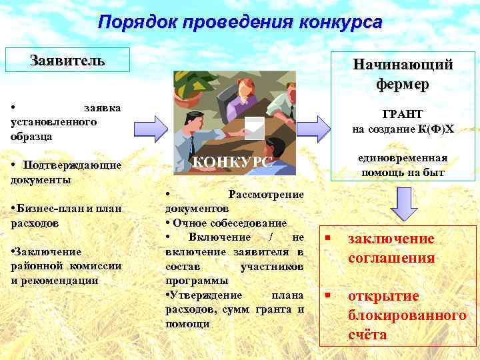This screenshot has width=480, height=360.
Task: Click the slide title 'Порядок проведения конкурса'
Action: coord(240,22)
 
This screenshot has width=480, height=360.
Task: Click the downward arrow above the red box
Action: coord(403,203)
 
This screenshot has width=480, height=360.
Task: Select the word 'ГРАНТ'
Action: coord(403,114)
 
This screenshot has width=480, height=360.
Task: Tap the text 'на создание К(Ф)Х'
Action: coord(403,129)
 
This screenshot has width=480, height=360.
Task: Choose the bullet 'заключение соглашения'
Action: coord(391,248)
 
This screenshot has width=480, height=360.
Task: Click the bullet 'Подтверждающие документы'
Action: coord(67,172)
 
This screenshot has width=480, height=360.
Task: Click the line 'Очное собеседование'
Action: coord(229,223)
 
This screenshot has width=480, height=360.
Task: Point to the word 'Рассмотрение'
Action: coord(266,194)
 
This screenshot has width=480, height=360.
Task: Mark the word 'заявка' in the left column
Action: coord(102,107)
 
